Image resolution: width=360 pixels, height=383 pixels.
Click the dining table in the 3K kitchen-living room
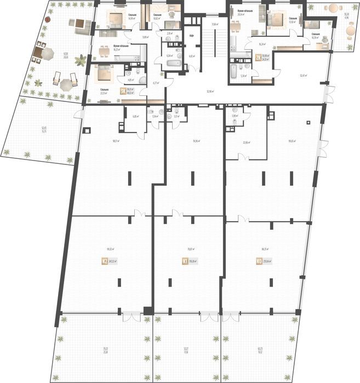(x=104, y=53)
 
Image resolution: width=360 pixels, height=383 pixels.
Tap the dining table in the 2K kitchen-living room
(x=236, y=26)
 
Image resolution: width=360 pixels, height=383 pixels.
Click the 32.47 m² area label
(x=304, y=75)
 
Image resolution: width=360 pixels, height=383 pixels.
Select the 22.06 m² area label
(x=247, y=142)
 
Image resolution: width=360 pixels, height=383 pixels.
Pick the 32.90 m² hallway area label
(x=210, y=91)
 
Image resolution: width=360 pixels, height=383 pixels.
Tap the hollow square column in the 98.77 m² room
(x=87, y=131)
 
